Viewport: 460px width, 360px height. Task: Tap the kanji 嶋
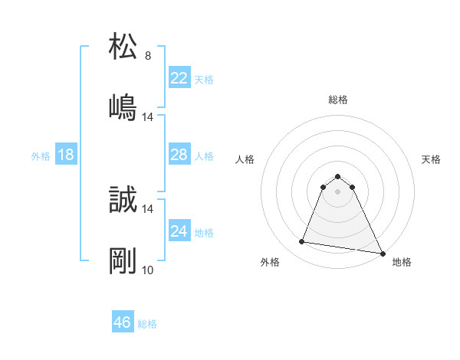tap(123, 108)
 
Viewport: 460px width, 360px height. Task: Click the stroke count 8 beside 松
tap(148, 56)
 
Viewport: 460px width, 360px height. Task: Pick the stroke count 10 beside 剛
tap(148, 270)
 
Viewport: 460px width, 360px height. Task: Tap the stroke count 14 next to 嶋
tap(148, 117)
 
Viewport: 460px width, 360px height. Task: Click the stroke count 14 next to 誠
tap(148, 208)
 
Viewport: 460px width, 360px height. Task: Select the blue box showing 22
tap(179, 78)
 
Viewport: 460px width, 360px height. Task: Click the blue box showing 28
tap(179, 155)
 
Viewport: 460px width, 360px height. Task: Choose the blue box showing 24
tap(179, 231)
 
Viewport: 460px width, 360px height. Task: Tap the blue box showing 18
tap(66, 155)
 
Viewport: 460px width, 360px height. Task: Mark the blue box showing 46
tap(123, 322)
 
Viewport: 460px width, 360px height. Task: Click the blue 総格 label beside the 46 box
tap(147, 324)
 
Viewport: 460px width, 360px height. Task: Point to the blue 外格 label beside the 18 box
tap(41, 155)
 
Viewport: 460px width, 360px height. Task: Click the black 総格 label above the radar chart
tap(338, 100)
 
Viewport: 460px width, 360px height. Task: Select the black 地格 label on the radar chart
tap(402, 263)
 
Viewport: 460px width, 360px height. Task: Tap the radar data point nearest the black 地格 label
tap(382, 253)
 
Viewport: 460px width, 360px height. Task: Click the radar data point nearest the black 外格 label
tap(302, 242)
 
